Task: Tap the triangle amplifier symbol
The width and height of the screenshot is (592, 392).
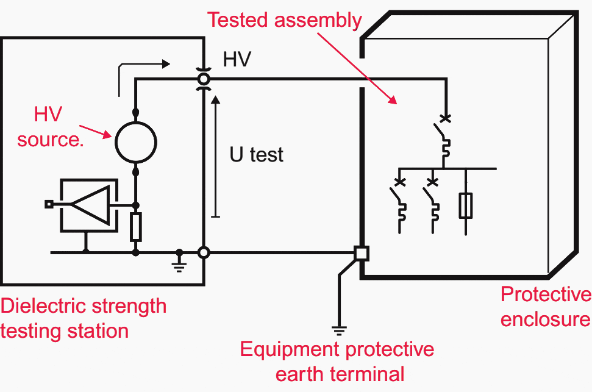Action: click(91, 205)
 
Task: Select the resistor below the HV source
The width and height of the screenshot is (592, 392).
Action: click(136, 227)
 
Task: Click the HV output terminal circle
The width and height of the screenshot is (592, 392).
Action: click(204, 79)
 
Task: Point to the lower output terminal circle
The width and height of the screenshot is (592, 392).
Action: click(204, 252)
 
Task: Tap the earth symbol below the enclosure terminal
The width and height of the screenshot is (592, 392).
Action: click(339, 331)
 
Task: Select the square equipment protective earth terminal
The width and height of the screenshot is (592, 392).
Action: click(362, 254)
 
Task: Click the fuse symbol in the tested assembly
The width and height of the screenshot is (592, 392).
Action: click(466, 205)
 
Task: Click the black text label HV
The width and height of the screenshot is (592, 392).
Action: click(237, 59)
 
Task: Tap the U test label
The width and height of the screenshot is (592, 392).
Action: click(256, 154)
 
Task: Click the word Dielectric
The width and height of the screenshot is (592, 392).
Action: click(44, 306)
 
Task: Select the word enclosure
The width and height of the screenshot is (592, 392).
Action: click(546, 319)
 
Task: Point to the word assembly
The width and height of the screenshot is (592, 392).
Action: click(318, 21)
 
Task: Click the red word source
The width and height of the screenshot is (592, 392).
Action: click(50, 140)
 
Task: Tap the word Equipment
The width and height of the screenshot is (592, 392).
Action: click(291, 350)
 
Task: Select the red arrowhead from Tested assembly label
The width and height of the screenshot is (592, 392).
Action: click(393, 100)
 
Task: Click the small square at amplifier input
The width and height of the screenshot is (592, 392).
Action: click(49, 204)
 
